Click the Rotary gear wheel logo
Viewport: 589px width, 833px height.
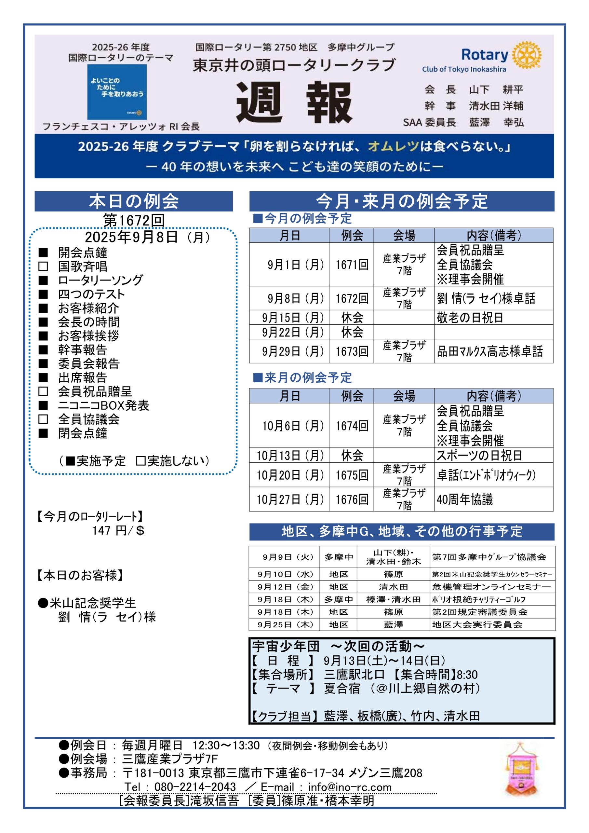click(527, 55)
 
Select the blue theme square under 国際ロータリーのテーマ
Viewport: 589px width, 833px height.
click(117, 92)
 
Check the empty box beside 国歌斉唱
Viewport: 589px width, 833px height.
click(43, 266)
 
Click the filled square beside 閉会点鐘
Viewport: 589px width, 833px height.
click(43, 433)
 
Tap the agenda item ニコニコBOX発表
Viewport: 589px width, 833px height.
click(103, 405)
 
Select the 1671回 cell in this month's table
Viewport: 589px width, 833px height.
click(352, 265)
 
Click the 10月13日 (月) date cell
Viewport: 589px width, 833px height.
click(290, 455)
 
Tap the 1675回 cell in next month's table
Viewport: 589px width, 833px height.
click(352, 475)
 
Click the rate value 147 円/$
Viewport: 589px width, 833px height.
click(118, 531)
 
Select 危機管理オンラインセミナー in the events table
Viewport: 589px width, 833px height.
click(491, 587)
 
